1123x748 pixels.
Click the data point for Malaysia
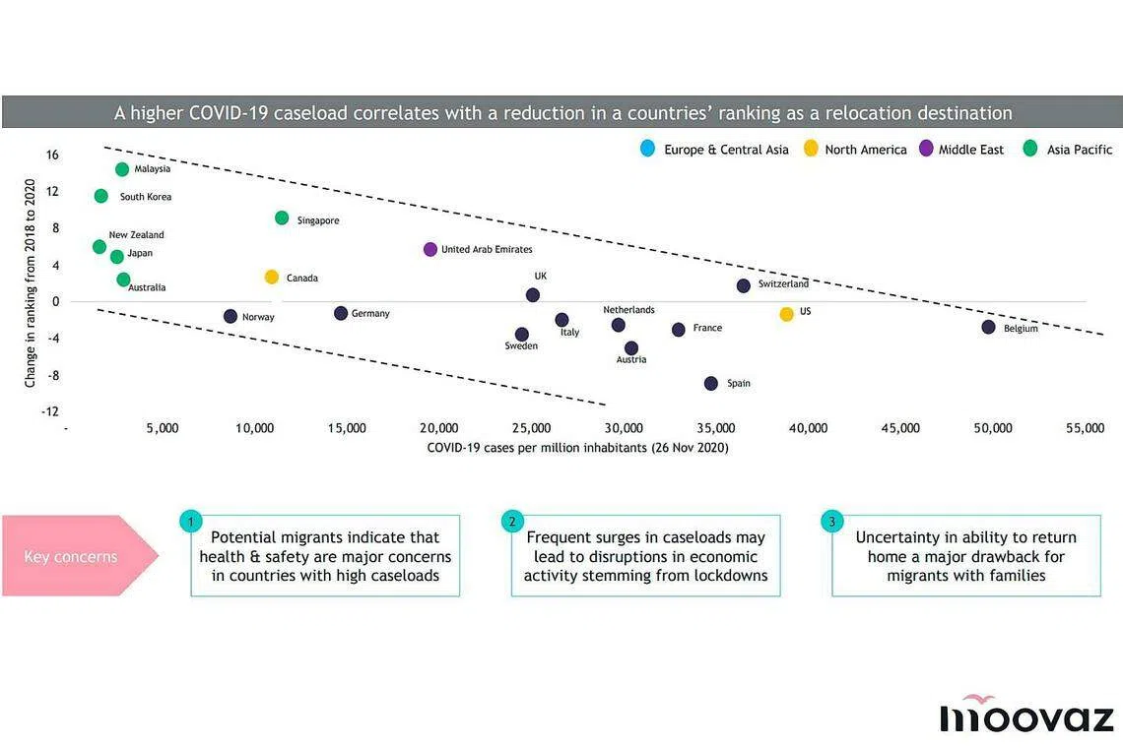pos(122,169)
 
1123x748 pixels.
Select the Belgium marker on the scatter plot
pos(988,327)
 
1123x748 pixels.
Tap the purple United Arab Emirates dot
pos(430,250)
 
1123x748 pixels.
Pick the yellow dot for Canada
pos(272,278)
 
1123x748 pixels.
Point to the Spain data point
pos(711,383)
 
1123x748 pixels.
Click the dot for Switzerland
pos(744,285)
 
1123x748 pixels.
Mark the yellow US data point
pos(786,314)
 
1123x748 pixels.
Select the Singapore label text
pos(318,221)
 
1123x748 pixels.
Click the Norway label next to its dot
pos(258,318)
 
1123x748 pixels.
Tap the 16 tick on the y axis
pos(52,155)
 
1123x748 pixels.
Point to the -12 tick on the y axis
pos(49,411)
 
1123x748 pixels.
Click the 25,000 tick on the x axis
pos(532,429)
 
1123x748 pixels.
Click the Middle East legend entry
pos(971,150)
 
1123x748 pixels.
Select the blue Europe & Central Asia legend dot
pos(647,150)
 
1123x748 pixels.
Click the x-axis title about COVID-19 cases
pos(577,448)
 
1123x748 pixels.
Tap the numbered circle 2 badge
pos(511,522)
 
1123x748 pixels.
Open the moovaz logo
pos(1026,715)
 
